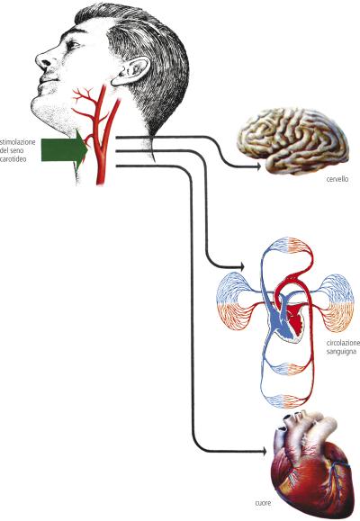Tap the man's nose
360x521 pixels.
pos(44,59)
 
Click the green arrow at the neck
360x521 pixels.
pos(64,150)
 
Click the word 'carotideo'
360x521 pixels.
pos(13,159)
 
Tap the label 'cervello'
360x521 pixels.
pos(337,179)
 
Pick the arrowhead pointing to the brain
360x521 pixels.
pos(258,167)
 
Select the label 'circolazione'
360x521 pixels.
pos(343,343)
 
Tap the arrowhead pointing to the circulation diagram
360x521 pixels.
pos(241,267)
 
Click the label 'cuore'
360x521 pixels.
pos(263,503)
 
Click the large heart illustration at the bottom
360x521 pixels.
pos(310,465)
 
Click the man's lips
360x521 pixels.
pos(47,80)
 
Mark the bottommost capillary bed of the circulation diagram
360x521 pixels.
pos(287,401)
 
